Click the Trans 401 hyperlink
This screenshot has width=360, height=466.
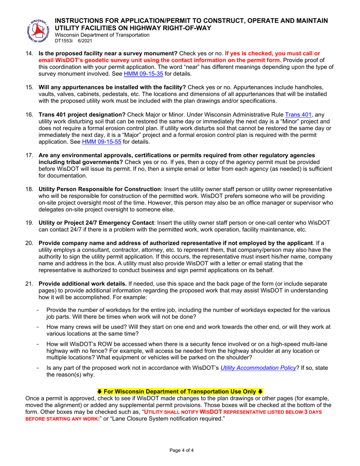click(297, 115)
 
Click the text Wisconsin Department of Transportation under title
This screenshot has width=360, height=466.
click(102, 35)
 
